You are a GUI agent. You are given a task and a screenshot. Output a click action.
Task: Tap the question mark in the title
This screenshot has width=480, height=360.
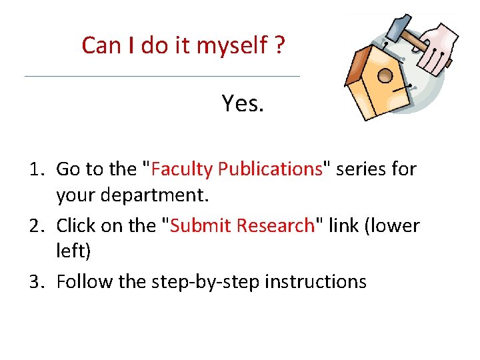coord(279,46)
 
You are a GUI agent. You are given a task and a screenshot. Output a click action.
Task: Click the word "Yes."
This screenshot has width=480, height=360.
coord(243,103)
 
